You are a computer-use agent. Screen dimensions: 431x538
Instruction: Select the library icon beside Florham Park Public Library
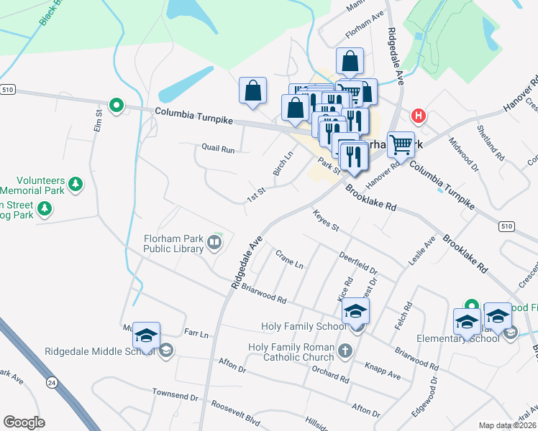tap(214, 244)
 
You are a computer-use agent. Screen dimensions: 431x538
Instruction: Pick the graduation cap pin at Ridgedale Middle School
tap(146, 336)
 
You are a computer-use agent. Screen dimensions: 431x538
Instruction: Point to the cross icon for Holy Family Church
tap(345, 351)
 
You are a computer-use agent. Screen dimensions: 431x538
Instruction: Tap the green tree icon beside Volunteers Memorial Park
tap(75, 186)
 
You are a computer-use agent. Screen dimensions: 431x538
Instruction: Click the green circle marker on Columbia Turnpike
tap(116, 106)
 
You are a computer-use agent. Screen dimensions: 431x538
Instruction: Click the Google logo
tap(24, 422)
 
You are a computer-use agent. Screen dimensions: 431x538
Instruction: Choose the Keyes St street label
tap(325, 221)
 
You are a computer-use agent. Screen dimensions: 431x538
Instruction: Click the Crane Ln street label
tap(289, 259)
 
